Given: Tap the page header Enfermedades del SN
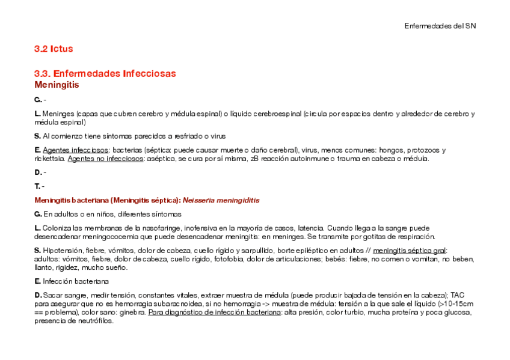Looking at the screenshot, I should point(440,26).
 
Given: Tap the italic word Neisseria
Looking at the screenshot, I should point(201,200).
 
